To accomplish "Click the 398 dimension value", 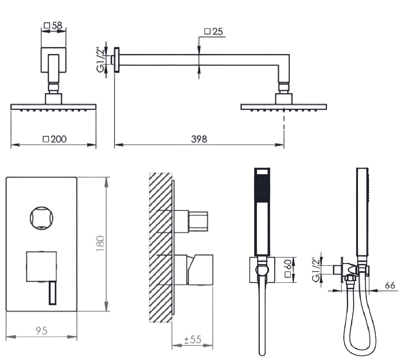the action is (x=199, y=139).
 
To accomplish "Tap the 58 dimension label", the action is (x=57, y=26).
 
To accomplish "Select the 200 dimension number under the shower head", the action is (x=58, y=139).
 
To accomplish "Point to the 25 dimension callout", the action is (x=217, y=32).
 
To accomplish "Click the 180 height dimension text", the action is (x=100, y=243).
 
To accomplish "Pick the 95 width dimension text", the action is (x=41, y=331).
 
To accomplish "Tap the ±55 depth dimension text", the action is (x=193, y=339).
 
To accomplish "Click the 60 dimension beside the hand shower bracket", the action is (x=289, y=264).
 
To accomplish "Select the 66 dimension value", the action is (x=390, y=285).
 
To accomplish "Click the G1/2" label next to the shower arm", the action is (x=101, y=60).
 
